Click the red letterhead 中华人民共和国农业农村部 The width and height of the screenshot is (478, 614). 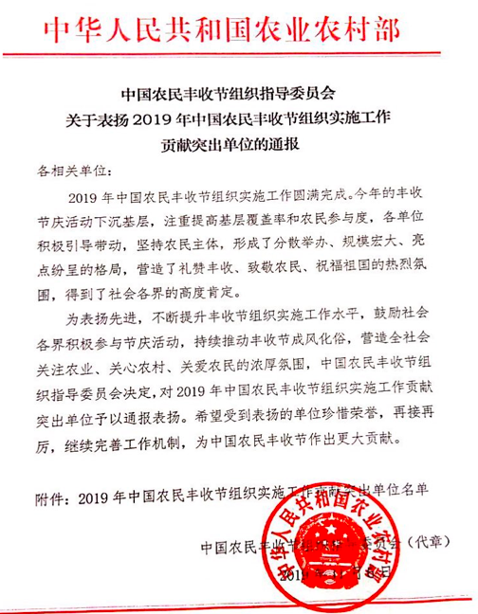click(238, 28)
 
